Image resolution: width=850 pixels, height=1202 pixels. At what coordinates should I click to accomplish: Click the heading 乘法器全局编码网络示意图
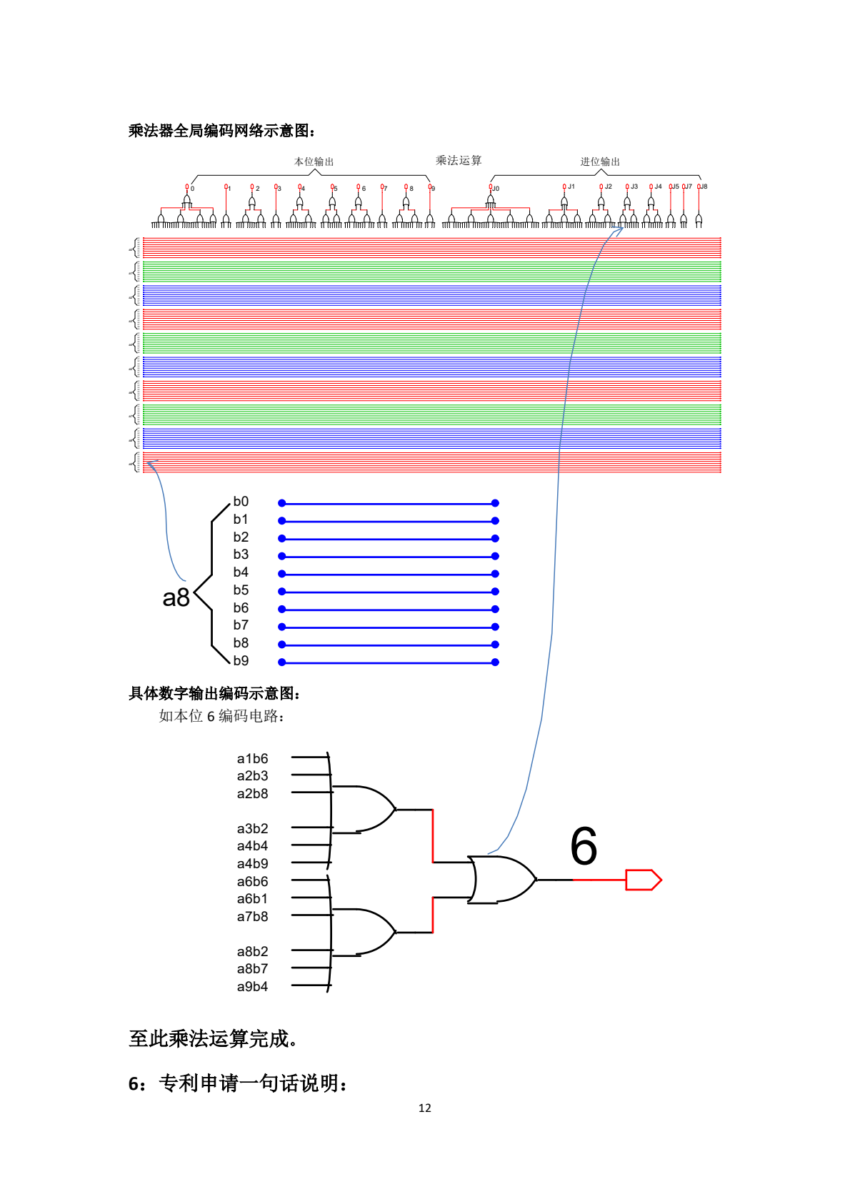pyautogui.click(x=221, y=131)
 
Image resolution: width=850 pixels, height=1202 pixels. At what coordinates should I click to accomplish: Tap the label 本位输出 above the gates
pyautogui.click(x=314, y=162)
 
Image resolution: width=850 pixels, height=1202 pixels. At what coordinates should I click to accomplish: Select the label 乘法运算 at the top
pyautogui.click(x=459, y=160)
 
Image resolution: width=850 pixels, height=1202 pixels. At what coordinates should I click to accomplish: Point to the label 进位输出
pyautogui.click(x=600, y=162)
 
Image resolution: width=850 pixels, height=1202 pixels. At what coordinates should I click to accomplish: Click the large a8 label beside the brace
pyautogui.click(x=176, y=597)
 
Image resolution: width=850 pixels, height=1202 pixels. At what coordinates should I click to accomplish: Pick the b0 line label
pyautogui.click(x=241, y=502)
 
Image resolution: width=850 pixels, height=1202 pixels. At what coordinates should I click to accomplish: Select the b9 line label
pyautogui.click(x=241, y=660)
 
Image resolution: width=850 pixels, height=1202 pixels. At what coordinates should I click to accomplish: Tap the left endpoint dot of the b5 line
pyautogui.click(x=282, y=592)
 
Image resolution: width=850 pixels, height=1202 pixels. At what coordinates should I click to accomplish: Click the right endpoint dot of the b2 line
pyautogui.click(x=495, y=538)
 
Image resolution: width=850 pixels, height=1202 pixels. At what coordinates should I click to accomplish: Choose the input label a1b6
pyautogui.click(x=252, y=758)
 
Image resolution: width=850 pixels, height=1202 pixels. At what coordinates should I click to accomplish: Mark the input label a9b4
pyautogui.click(x=252, y=986)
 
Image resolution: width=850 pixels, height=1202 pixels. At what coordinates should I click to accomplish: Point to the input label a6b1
pyautogui.click(x=252, y=898)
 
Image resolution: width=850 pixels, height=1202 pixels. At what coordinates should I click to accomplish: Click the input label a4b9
pyautogui.click(x=252, y=863)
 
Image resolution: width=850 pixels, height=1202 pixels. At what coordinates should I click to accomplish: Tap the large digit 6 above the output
pyautogui.click(x=584, y=846)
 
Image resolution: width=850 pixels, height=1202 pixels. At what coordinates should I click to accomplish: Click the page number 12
pyautogui.click(x=425, y=1108)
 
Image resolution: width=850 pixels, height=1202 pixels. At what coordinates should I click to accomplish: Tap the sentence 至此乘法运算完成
pyautogui.click(x=213, y=1038)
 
